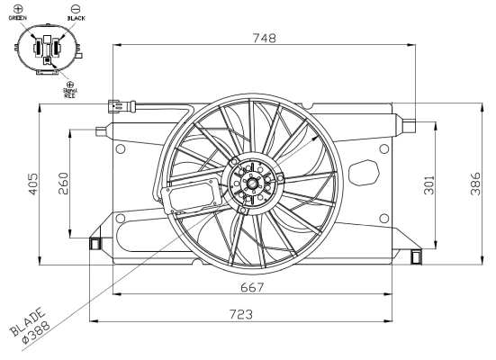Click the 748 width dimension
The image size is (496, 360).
(x=263, y=38)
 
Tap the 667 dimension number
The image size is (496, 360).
(x=252, y=287)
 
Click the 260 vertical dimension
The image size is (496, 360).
(x=62, y=184)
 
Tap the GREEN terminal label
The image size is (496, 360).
(x=18, y=16)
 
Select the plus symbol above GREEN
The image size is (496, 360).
(x=18, y=7)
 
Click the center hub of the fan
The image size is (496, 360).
(x=251, y=184)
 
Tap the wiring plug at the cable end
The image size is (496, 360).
(x=118, y=105)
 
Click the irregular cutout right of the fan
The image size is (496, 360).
(x=366, y=171)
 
